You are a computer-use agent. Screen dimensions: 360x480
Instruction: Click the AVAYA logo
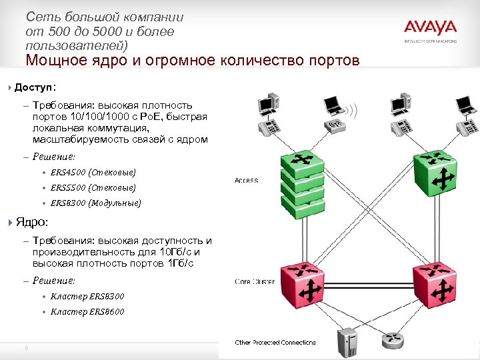pos(430,28)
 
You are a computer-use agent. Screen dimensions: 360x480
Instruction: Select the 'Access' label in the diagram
pos(247,181)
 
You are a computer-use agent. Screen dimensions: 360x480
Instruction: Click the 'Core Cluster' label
pos(255,282)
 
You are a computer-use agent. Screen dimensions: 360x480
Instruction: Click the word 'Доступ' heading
pos(35,87)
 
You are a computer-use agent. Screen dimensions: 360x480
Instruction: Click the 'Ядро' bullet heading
pos(31,222)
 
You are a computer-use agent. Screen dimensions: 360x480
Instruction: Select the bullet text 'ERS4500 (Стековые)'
pos(93,172)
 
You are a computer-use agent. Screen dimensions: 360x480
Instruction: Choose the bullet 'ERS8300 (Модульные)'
pos(95,203)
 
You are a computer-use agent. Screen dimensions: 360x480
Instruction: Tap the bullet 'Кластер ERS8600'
pos(87,311)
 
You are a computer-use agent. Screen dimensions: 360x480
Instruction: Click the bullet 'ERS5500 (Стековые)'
pos(93,188)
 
